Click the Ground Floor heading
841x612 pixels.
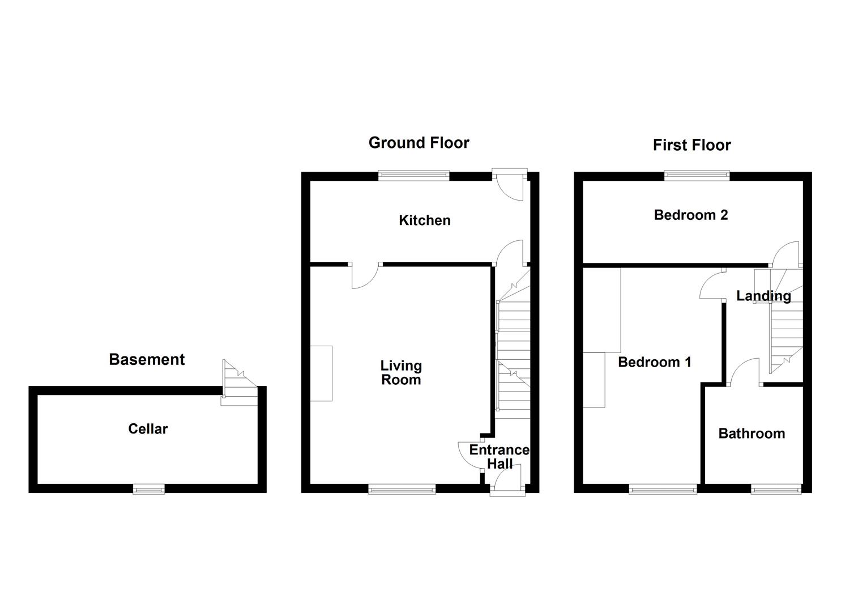419,143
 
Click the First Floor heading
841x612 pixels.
691,145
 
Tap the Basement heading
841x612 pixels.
147,360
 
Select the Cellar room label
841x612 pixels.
148,429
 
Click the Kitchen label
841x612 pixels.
425,220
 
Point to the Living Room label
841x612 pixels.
400,373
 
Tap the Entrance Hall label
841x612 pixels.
500,457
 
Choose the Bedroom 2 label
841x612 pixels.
690,215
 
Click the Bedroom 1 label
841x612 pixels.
654,362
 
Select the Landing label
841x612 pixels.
763,296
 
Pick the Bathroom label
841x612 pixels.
752,433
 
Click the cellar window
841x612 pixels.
149,488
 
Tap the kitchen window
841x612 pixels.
414,176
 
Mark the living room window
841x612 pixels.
402,488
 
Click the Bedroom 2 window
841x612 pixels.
697,176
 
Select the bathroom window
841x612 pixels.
776,488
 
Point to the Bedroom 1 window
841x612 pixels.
663,488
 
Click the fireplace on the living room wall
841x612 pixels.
321,373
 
